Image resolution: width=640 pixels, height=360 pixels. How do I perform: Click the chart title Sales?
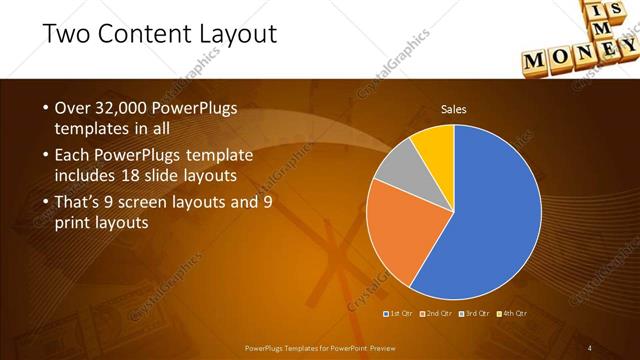454,109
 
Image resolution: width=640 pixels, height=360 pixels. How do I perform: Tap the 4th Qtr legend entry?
512,313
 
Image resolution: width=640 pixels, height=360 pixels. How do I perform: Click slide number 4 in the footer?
590,347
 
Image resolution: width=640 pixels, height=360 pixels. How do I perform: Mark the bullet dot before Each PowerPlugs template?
45,157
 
